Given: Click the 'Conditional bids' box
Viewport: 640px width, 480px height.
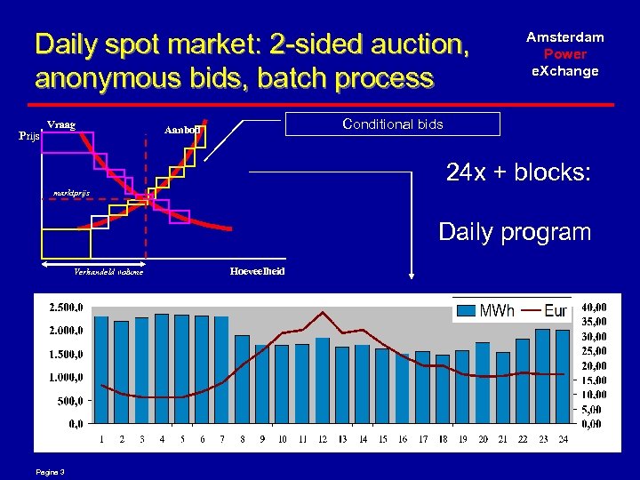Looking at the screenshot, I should [392, 124].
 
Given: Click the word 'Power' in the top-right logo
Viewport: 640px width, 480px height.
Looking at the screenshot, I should [564, 53].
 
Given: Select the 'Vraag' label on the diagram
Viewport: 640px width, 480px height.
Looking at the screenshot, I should [61, 124].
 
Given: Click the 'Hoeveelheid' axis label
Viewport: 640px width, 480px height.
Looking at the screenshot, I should [257, 270].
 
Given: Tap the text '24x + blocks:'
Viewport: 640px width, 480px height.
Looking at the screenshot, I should [518, 173].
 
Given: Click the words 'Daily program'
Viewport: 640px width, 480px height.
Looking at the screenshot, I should [515, 233].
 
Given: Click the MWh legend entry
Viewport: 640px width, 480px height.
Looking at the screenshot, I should [484, 310].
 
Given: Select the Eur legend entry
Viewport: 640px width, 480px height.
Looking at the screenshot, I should [544, 310].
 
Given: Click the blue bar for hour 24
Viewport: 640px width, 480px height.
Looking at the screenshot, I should [563, 377].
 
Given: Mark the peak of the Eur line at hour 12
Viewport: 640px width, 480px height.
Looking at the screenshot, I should [323, 312].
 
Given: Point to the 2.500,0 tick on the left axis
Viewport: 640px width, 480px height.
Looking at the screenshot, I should [67, 307].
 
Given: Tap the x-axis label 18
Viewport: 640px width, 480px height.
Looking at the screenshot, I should [442, 439].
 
